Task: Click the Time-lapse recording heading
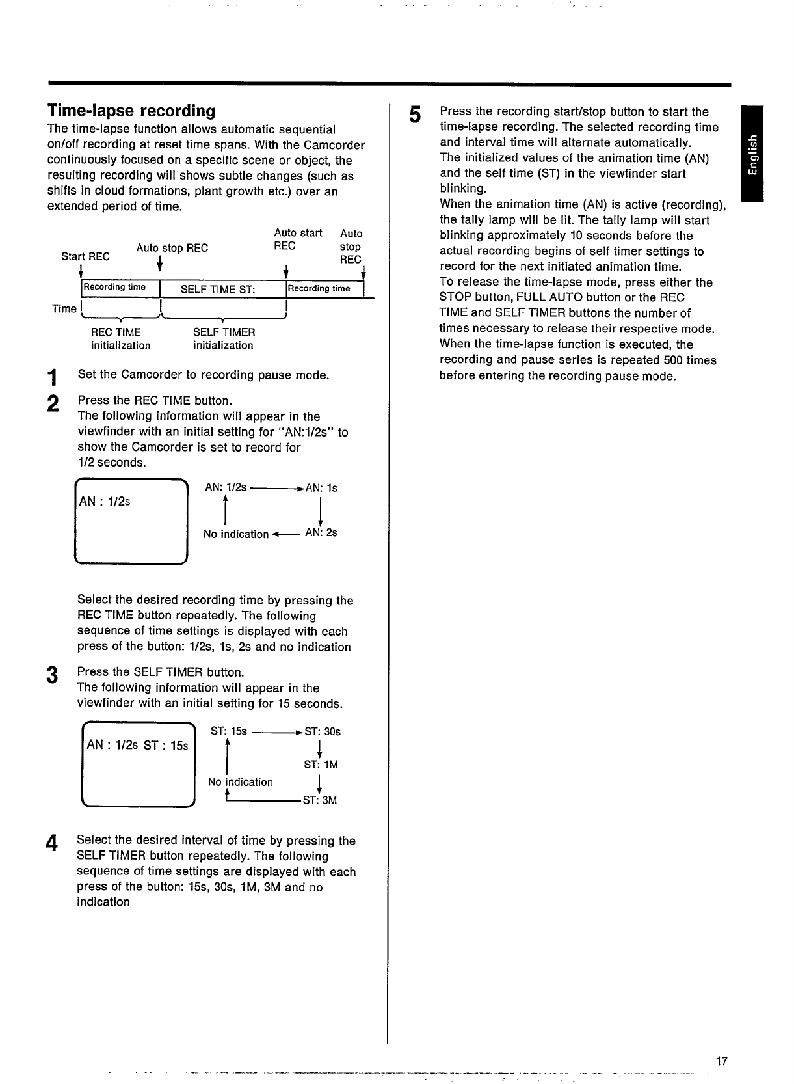pos(131,111)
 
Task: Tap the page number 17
pos(721,1061)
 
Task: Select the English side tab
pos(752,154)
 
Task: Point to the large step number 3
pos(52,676)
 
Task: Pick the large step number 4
pos(52,844)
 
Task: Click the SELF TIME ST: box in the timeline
pos(218,290)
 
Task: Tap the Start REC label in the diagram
pos(85,256)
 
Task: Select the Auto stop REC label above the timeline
pos(172,248)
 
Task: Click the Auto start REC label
pos(297,239)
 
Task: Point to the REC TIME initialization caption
pos(120,339)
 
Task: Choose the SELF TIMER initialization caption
pos(224,339)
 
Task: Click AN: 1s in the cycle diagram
pos(321,488)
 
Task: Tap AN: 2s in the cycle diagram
pos(321,533)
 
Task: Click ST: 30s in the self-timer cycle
pos(323,731)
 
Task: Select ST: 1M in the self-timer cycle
pos(321,765)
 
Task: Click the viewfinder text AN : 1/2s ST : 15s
pos(137,745)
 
